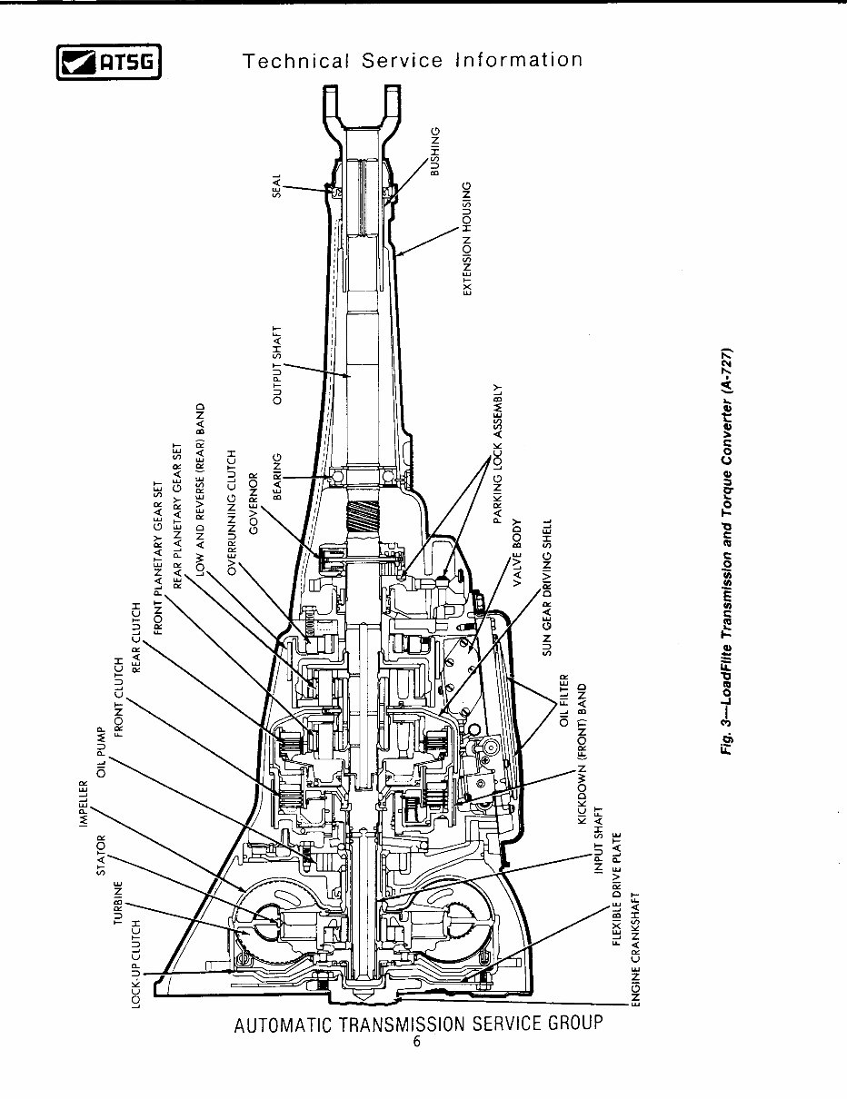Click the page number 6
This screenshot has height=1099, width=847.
[416, 1042]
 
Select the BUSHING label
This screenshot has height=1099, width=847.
[435, 152]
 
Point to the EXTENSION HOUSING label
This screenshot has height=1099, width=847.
[467, 238]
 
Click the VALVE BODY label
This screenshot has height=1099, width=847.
[516, 555]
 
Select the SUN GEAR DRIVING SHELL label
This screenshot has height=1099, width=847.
[547, 587]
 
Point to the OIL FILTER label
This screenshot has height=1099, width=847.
[563, 700]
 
